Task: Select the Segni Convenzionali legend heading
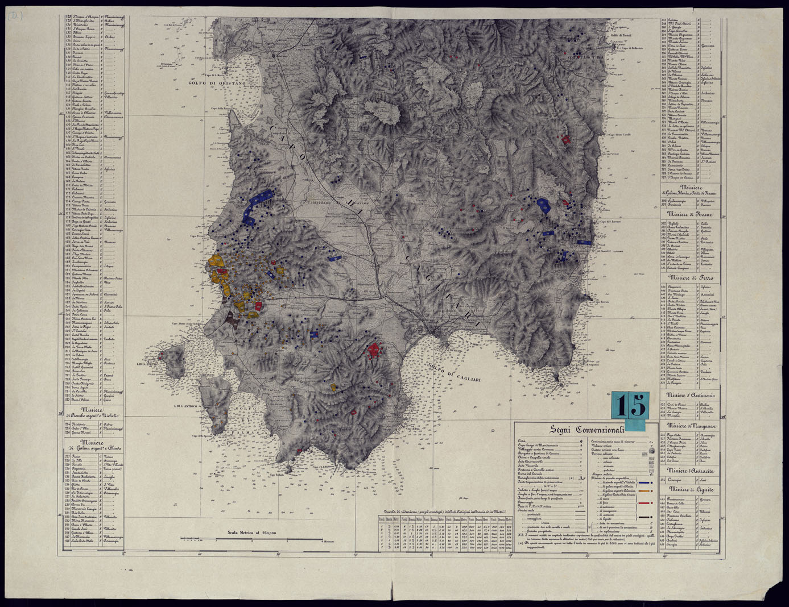586,429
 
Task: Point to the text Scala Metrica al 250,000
251,533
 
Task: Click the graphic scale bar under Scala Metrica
251,539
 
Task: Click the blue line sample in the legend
644,483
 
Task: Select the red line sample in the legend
644,504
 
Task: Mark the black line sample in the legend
644,518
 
